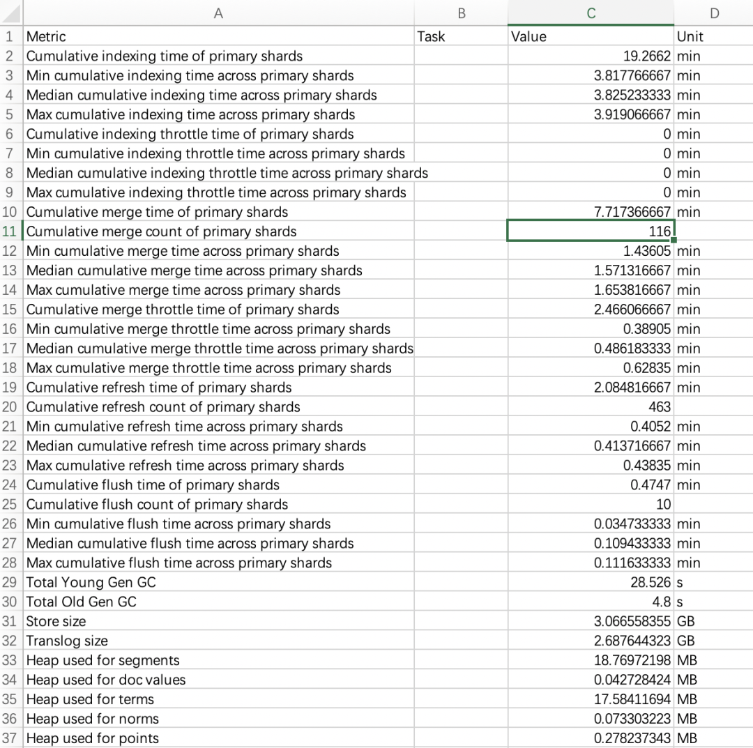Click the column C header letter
click(591, 13)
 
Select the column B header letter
click(461, 13)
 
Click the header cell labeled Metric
click(46, 36)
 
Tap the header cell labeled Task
click(431, 36)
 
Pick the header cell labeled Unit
click(690, 36)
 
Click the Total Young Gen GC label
click(91, 582)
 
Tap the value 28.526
click(651, 582)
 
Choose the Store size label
click(56, 621)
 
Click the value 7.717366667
click(633, 212)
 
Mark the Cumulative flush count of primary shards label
click(157, 504)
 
